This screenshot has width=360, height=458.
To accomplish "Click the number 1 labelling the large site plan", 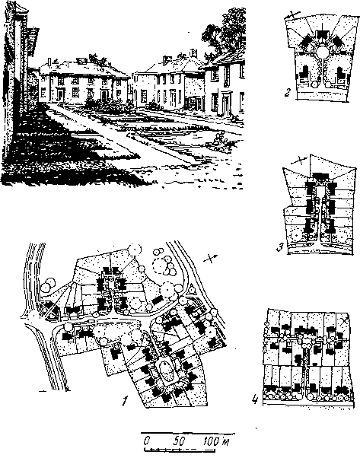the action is (x=125, y=401).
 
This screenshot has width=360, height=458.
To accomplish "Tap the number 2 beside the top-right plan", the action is (x=288, y=93).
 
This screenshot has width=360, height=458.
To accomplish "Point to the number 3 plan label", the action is (x=279, y=247).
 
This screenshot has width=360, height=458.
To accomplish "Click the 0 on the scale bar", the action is (x=147, y=441).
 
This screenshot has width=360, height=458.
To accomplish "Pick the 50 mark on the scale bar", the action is (x=178, y=441).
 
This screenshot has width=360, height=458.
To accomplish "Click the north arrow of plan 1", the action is (x=212, y=258).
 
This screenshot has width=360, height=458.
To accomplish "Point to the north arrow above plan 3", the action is (x=299, y=160).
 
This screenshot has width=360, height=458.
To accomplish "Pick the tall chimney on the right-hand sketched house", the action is (x=193, y=53).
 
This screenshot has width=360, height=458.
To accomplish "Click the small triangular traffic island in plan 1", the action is (x=192, y=290).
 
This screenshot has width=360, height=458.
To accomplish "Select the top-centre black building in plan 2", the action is (x=323, y=35).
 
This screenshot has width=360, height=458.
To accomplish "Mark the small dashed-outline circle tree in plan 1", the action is (x=159, y=266).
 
